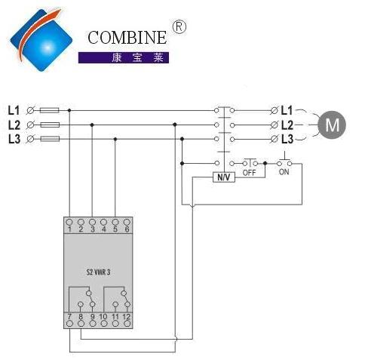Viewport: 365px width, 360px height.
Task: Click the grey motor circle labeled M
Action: (x=332, y=125)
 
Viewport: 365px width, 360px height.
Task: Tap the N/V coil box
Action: (x=224, y=177)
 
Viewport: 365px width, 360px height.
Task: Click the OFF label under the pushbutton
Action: (x=249, y=173)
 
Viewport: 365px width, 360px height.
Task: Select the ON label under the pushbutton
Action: (x=284, y=172)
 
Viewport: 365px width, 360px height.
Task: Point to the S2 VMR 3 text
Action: (x=98, y=272)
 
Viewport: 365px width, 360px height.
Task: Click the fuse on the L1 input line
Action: (x=50, y=110)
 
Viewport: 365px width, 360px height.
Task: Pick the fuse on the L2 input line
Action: (x=50, y=125)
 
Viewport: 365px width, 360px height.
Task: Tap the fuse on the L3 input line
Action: (x=50, y=139)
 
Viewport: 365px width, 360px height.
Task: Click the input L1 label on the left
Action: (x=14, y=110)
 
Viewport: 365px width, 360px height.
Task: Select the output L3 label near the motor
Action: (x=287, y=139)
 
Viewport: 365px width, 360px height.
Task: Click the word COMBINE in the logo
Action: (x=127, y=38)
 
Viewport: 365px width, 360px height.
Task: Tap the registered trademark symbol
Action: (x=179, y=26)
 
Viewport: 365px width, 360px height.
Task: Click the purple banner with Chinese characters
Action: (x=124, y=57)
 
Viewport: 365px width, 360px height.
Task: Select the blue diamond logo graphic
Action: (x=41, y=40)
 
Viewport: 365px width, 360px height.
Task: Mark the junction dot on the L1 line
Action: (x=69, y=110)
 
